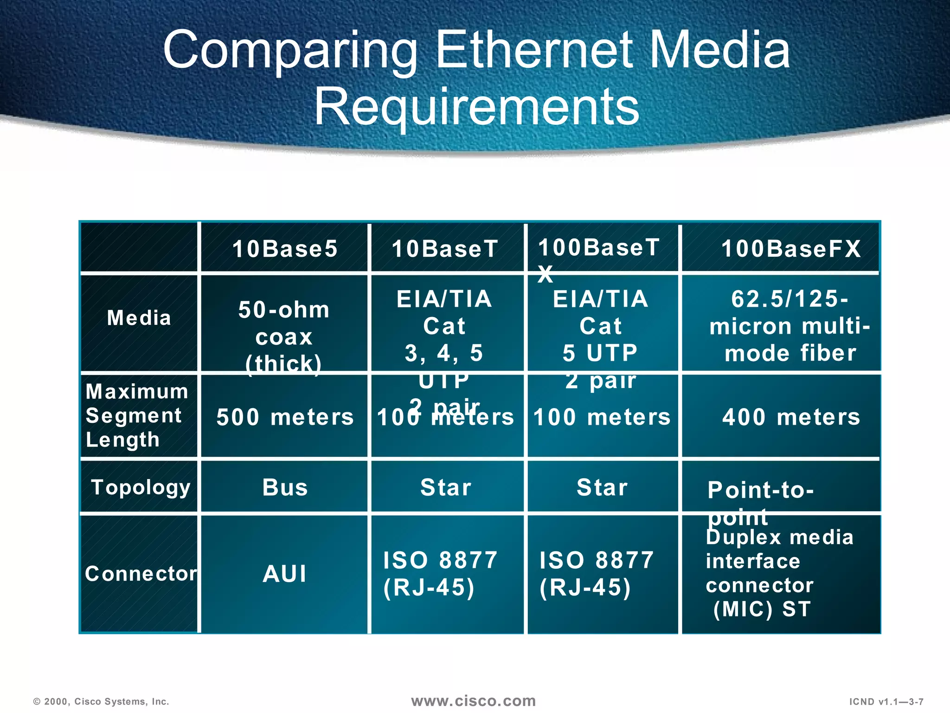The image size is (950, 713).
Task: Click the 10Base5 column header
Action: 285,249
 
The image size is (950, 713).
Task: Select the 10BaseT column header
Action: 445,249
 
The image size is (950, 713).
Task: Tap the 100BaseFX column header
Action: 791,249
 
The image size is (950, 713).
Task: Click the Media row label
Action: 139,318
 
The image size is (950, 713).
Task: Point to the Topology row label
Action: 141,487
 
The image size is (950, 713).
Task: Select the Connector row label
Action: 141,574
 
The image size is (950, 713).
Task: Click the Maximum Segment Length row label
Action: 136,415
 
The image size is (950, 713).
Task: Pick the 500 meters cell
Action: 285,417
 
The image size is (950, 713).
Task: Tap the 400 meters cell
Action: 791,417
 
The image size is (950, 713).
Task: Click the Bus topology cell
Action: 285,487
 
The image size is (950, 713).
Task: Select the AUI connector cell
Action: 285,574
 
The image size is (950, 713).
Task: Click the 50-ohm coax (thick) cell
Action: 284,337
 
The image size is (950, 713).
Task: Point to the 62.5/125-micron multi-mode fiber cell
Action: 790,326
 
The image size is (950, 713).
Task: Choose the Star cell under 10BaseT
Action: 446,487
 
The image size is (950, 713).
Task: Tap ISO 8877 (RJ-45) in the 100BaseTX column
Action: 596,574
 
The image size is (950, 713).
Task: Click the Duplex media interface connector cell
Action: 779,573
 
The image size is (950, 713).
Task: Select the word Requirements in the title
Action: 477,107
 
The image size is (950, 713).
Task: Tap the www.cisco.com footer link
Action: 473,701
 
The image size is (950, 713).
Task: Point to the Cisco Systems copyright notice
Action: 101,702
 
